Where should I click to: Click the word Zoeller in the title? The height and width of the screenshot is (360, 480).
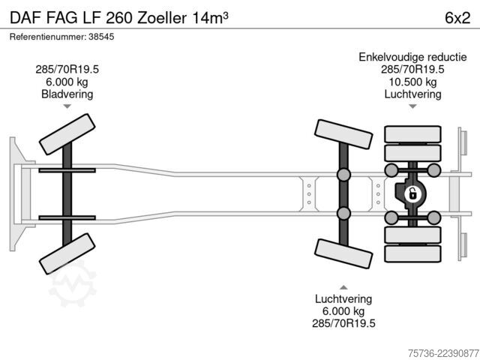162,18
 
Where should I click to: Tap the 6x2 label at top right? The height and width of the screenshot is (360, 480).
457,18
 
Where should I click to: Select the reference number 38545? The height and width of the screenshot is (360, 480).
101,37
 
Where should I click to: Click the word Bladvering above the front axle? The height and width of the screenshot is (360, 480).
67,94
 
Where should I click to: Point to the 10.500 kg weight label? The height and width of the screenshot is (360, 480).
412,82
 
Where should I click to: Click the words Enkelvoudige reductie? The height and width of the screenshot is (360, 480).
412,57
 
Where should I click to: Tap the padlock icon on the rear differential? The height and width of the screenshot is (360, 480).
412,193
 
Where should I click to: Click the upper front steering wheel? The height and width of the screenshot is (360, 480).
67,134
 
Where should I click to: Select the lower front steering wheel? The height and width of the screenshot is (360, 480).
67,253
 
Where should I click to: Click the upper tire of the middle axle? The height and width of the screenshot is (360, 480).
343,134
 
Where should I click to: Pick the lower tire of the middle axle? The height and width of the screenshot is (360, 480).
343,253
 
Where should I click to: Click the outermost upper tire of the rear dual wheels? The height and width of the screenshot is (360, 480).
412,134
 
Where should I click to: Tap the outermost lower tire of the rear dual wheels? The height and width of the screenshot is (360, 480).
412,253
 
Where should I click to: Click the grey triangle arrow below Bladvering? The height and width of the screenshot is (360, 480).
67,106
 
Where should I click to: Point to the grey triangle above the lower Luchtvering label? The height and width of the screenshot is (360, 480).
343,287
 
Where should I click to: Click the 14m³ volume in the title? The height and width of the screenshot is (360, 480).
210,18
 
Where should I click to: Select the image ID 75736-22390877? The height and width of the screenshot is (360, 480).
443,353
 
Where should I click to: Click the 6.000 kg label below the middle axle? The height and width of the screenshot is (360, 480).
343,311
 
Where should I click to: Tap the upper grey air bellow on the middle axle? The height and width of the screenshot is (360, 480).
343,175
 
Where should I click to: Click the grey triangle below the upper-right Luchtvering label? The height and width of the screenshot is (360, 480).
412,106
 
